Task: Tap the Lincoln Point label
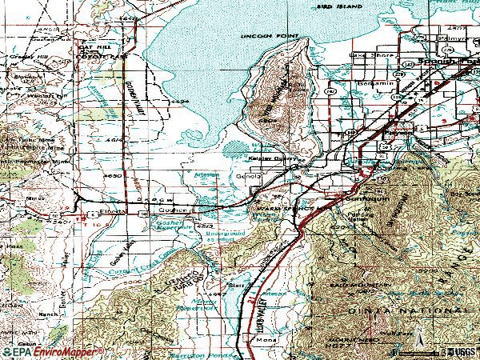265,37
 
